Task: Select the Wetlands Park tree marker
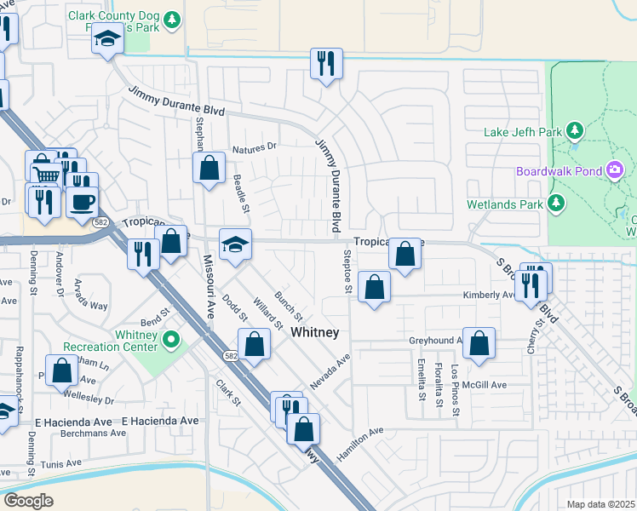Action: (x=556, y=204)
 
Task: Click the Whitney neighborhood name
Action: (x=315, y=332)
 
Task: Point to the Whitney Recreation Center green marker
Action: (x=171, y=341)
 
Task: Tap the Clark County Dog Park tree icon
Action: (x=172, y=19)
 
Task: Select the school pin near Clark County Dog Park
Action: (x=108, y=39)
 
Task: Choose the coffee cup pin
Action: (x=83, y=203)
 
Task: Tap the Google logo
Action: (x=28, y=501)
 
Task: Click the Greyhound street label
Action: (x=434, y=340)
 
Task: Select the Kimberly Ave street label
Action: (x=488, y=296)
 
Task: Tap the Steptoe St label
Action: (x=347, y=272)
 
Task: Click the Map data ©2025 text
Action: (x=600, y=504)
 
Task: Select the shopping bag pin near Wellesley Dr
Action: (x=61, y=372)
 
